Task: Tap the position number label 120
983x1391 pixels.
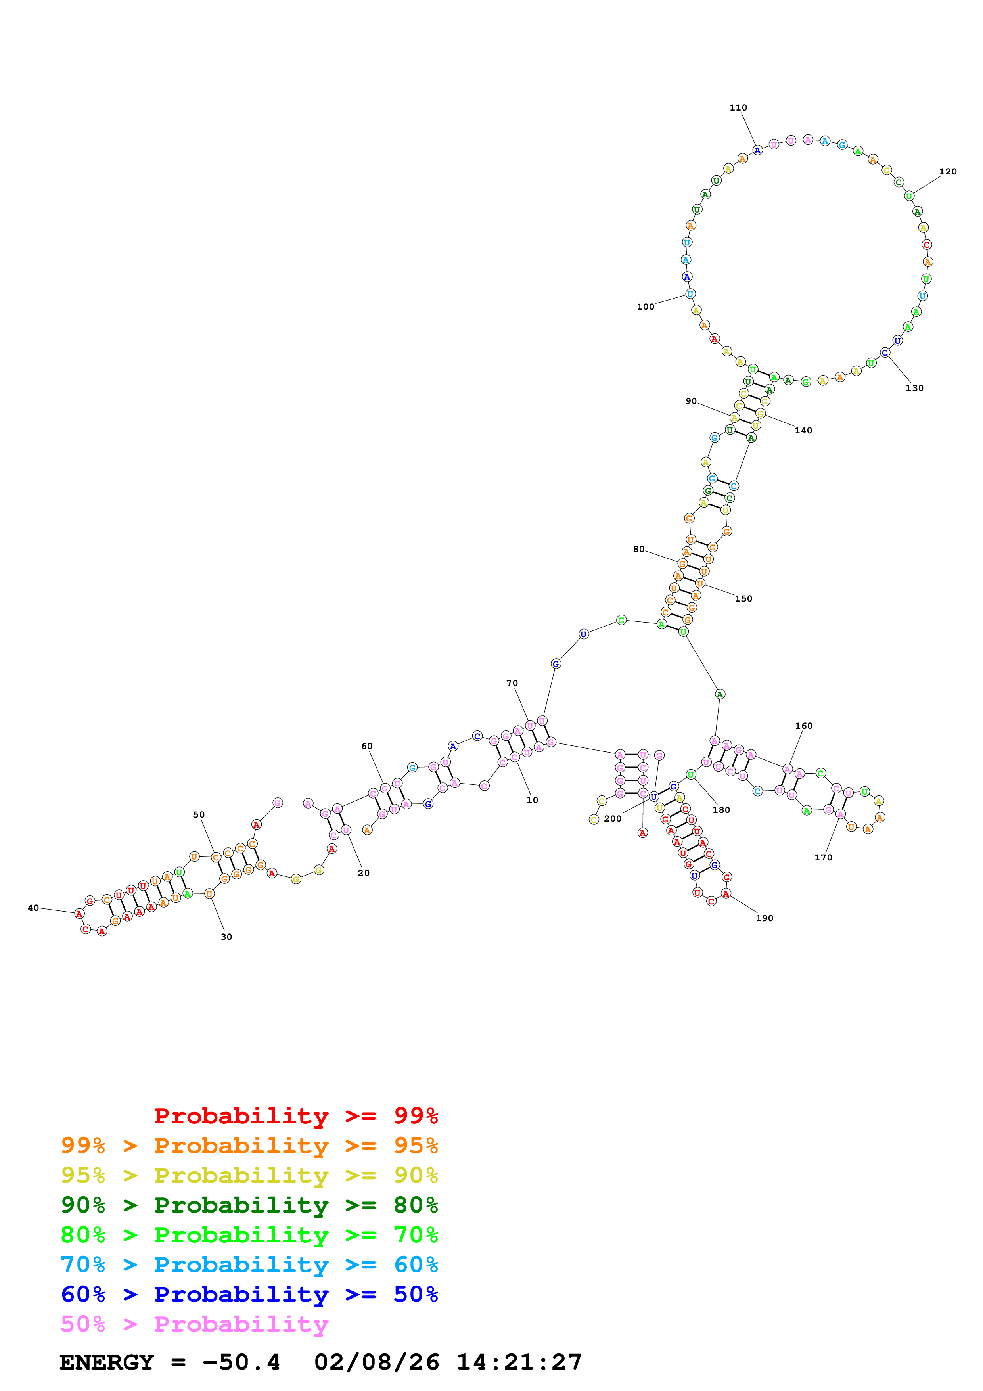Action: [947, 171]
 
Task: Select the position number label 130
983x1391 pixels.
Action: [914, 388]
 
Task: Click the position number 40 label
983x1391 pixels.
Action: [33, 908]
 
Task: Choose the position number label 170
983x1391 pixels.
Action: [823, 857]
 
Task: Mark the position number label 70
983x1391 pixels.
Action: [512, 683]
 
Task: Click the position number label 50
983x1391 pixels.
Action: [199, 815]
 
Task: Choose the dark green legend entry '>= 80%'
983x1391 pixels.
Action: [249, 1205]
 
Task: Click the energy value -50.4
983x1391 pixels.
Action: [241, 1362]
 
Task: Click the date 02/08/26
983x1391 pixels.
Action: [376, 1362]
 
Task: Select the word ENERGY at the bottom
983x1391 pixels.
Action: [107, 1362]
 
